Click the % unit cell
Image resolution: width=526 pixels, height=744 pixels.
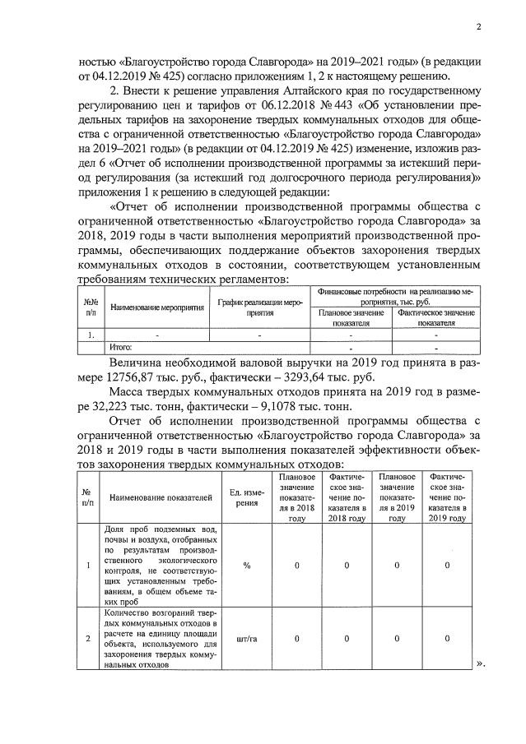point(246,565)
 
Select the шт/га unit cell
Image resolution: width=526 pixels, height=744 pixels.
point(246,638)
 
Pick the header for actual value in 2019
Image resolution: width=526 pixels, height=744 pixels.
point(446,497)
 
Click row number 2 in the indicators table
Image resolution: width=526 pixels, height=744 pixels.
point(88,638)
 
